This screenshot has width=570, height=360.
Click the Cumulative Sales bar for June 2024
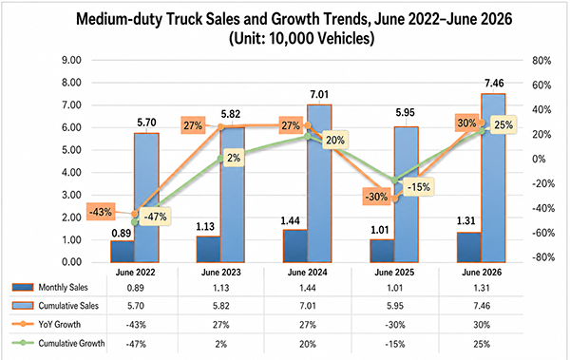[319, 183]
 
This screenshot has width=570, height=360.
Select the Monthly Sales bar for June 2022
[123, 252]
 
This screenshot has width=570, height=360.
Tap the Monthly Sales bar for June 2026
[469, 247]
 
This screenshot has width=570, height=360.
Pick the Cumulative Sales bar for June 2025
[406, 195]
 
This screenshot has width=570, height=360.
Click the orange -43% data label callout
[101, 212]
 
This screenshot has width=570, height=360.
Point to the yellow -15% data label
[418, 187]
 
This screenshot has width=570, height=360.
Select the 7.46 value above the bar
[494, 84]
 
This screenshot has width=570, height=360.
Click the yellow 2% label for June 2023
[234, 158]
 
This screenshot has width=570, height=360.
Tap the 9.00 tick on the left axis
[71, 60]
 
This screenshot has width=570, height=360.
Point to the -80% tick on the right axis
[543, 257]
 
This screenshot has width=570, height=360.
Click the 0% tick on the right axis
[539, 159]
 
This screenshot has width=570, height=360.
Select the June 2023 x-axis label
[221, 273]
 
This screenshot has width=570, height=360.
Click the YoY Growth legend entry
[47, 324]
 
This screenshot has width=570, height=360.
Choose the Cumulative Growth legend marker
[23, 343]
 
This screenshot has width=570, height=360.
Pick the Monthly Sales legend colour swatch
[23, 287]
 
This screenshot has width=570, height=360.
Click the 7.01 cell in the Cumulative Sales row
[308, 306]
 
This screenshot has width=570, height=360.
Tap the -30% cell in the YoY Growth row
[395, 325]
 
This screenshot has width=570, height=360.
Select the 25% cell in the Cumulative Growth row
[482, 344]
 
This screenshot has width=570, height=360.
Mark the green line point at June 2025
[395, 180]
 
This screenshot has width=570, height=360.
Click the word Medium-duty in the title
[119, 19]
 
